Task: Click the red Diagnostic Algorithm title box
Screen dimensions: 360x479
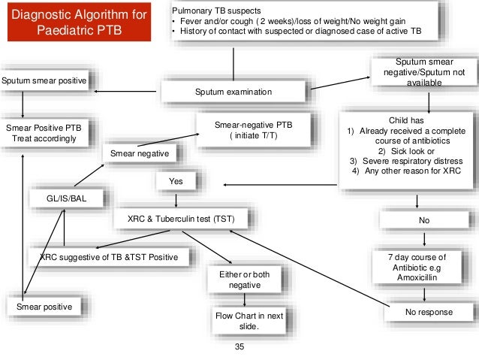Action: (82, 23)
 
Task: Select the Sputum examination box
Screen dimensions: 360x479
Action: (233, 92)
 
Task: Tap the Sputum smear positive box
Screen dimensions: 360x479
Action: (44, 80)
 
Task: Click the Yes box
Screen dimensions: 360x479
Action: (176, 181)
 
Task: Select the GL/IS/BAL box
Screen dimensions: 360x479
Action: (67, 198)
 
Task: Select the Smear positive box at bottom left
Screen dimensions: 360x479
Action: (44, 307)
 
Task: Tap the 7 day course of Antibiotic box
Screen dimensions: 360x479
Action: (424, 267)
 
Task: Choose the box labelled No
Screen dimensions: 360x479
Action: (424, 220)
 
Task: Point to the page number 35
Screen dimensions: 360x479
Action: (239, 347)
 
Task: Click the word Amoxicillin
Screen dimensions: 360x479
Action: (424, 277)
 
